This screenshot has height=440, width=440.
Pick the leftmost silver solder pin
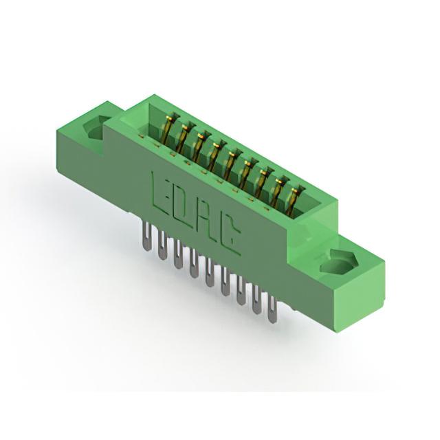coord(146,235)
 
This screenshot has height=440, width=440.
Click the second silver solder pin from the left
coord(162,245)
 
